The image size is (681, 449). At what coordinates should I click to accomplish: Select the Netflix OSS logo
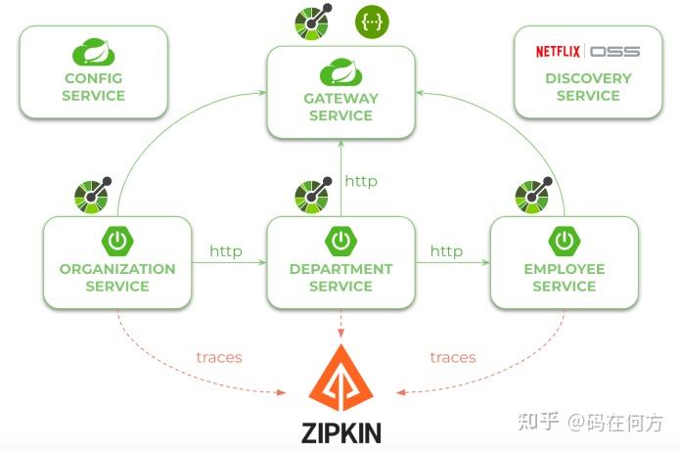(x=588, y=51)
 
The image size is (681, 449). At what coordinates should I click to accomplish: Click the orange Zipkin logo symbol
(x=340, y=378)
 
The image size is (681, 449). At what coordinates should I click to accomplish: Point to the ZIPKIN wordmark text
(x=340, y=431)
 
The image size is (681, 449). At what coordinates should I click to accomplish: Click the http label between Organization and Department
(x=226, y=251)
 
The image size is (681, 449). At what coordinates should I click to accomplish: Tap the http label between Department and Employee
(x=447, y=251)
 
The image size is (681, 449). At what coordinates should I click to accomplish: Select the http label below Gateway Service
(x=361, y=181)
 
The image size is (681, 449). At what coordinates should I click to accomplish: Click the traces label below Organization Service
(x=219, y=357)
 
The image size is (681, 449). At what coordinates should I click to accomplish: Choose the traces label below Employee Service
(x=453, y=357)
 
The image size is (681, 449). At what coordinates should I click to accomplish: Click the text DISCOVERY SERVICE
(x=588, y=87)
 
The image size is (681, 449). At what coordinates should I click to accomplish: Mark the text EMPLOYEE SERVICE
(x=565, y=278)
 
